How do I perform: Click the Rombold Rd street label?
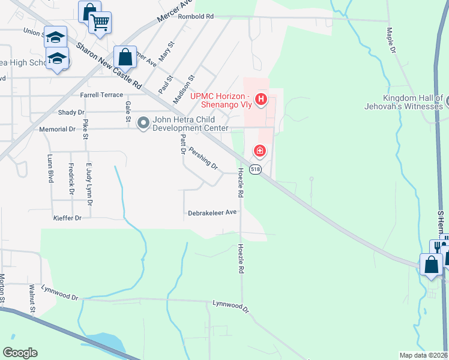click(196, 17)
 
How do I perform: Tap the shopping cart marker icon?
click(100, 23)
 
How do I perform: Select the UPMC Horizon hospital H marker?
click(261, 99)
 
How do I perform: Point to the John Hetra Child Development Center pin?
click(143, 123)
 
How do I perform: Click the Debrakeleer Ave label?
click(212, 212)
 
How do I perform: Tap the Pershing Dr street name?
click(203, 158)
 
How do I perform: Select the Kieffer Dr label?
click(67, 218)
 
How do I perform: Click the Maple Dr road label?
click(391, 40)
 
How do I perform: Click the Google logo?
click(20, 352)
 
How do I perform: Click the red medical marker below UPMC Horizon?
click(260, 150)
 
